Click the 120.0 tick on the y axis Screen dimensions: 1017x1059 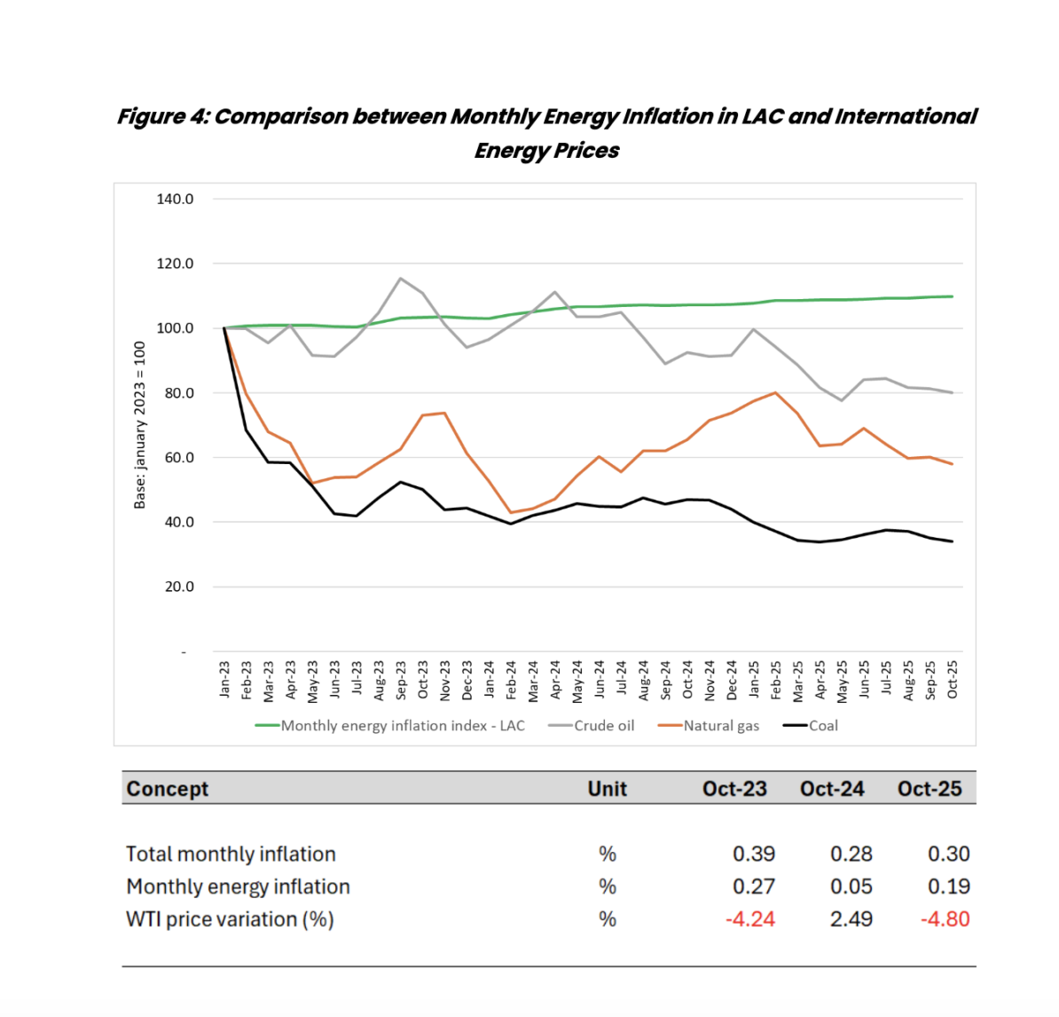coord(175,264)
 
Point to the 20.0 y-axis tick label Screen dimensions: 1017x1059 coord(179,587)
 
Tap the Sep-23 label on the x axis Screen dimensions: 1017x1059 coord(401,681)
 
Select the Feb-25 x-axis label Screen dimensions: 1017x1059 coord(776,681)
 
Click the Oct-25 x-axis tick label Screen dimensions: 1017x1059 coord(953,681)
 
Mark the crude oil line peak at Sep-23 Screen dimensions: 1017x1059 coord(401,279)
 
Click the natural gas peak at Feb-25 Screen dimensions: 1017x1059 coord(776,392)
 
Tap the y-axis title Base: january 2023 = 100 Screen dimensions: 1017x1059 coord(139,424)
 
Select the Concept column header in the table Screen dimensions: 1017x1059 coord(168,789)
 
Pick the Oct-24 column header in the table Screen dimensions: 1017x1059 coord(832,789)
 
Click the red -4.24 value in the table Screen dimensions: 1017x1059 coord(750,919)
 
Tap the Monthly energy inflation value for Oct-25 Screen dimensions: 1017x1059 coord(948,887)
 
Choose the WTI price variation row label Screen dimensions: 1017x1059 coord(230,919)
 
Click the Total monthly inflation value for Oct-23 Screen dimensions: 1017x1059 coord(754,854)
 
